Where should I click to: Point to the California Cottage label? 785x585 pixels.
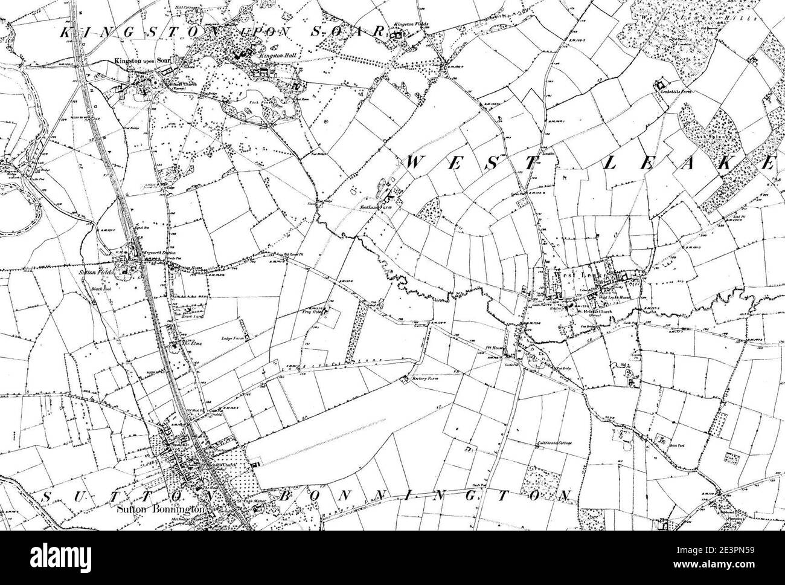pyautogui.click(x=554, y=444)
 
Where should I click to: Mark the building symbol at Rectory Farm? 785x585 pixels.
pyautogui.click(x=404, y=380)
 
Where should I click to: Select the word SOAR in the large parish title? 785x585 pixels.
pyautogui.click(x=356, y=31)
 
